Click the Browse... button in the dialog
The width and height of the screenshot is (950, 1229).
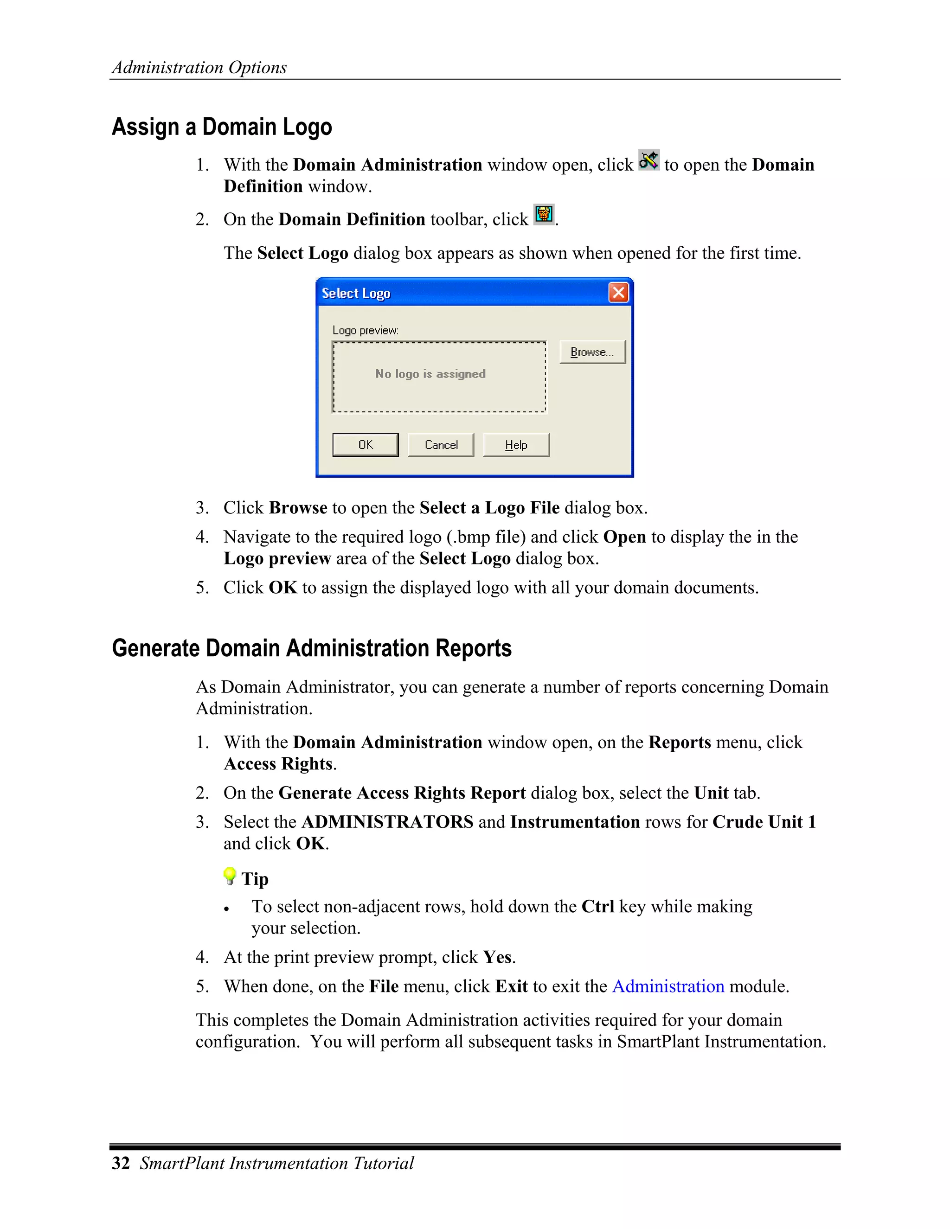[592, 352]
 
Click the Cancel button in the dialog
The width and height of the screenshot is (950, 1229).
[441, 445]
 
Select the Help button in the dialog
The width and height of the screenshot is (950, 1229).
[515, 445]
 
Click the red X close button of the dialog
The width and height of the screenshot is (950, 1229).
[618, 293]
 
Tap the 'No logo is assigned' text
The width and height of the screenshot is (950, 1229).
[430, 374]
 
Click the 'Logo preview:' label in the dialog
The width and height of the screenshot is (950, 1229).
[365, 330]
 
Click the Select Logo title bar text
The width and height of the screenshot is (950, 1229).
[356, 293]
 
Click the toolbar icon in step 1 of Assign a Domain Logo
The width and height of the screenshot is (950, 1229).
[648, 161]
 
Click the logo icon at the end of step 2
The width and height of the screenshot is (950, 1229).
[544, 214]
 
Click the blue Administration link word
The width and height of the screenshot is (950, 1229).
[668, 986]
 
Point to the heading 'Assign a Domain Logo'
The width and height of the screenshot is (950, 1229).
[222, 127]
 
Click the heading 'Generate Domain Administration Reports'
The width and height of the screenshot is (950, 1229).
[311, 648]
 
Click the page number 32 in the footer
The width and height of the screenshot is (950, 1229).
[121, 1163]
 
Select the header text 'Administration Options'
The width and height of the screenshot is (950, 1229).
[199, 68]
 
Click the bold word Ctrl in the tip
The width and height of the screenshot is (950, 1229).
[597, 907]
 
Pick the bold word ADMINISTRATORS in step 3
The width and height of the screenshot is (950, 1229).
[387, 822]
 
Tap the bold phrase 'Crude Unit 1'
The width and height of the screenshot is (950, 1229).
[764, 822]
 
